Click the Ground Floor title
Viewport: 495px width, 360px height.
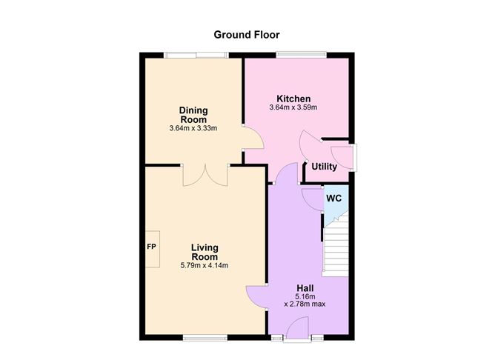point(247,34)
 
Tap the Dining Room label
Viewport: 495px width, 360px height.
point(193,115)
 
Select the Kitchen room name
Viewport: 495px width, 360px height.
point(293,99)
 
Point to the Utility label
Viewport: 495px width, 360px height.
point(324,167)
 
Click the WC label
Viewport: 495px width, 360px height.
point(334,198)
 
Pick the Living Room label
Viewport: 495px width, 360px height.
point(204,252)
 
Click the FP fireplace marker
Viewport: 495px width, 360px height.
point(151,246)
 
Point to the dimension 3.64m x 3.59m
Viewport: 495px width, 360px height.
point(293,108)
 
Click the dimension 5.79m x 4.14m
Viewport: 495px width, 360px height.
point(204,266)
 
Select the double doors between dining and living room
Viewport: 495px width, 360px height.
point(206,176)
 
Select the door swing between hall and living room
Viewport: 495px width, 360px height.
point(256,296)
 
